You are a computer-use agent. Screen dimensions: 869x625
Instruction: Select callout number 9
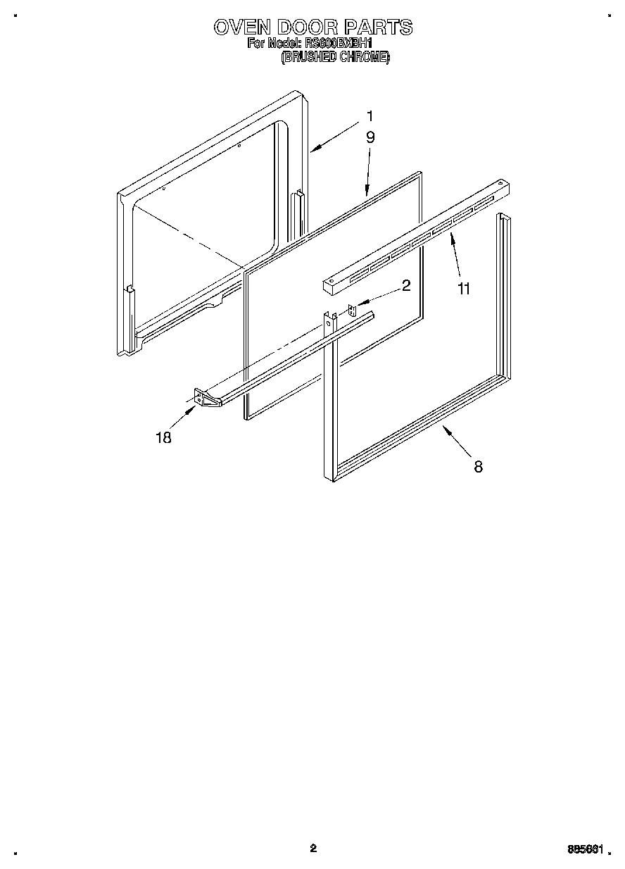(x=370, y=137)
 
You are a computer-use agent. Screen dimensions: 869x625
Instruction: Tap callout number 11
(x=464, y=288)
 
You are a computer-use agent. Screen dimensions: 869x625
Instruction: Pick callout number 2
(x=406, y=285)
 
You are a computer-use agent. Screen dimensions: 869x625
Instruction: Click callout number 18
(x=163, y=437)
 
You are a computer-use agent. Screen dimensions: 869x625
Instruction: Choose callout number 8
(x=478, y=465)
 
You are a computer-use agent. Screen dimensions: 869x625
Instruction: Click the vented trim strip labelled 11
(x=415, y=238)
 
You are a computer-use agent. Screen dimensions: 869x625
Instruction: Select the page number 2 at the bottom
(x=313, y=848)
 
